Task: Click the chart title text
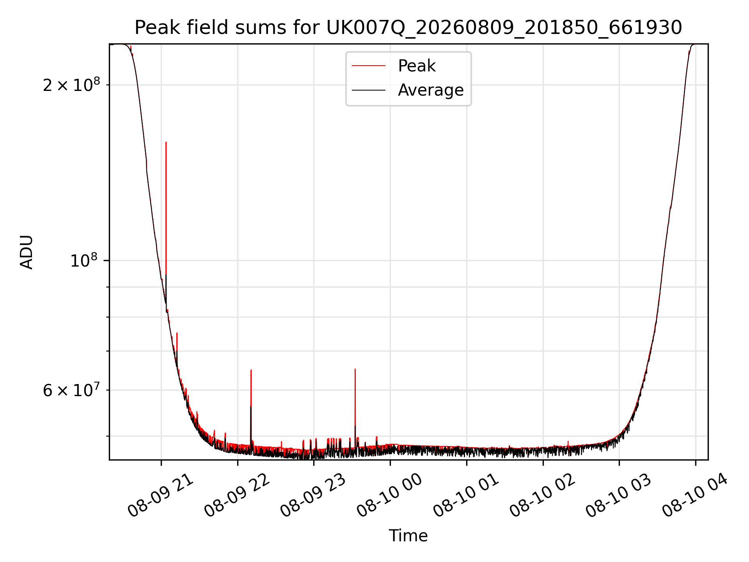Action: tap(408, 28)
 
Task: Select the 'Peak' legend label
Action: tap(417, 66)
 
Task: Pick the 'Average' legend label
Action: tap(431, 90)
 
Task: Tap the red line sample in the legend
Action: tap(369, 66)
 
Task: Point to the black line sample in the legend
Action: tap(369, 90)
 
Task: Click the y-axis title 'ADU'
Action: tap(27, 252)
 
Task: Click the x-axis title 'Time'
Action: tap(408, 536)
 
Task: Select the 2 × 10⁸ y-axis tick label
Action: tap(71, 85)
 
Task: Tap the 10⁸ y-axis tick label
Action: tap(85, 260)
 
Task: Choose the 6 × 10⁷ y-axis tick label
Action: tap(71, 390)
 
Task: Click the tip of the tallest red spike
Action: tap(166, 142)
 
